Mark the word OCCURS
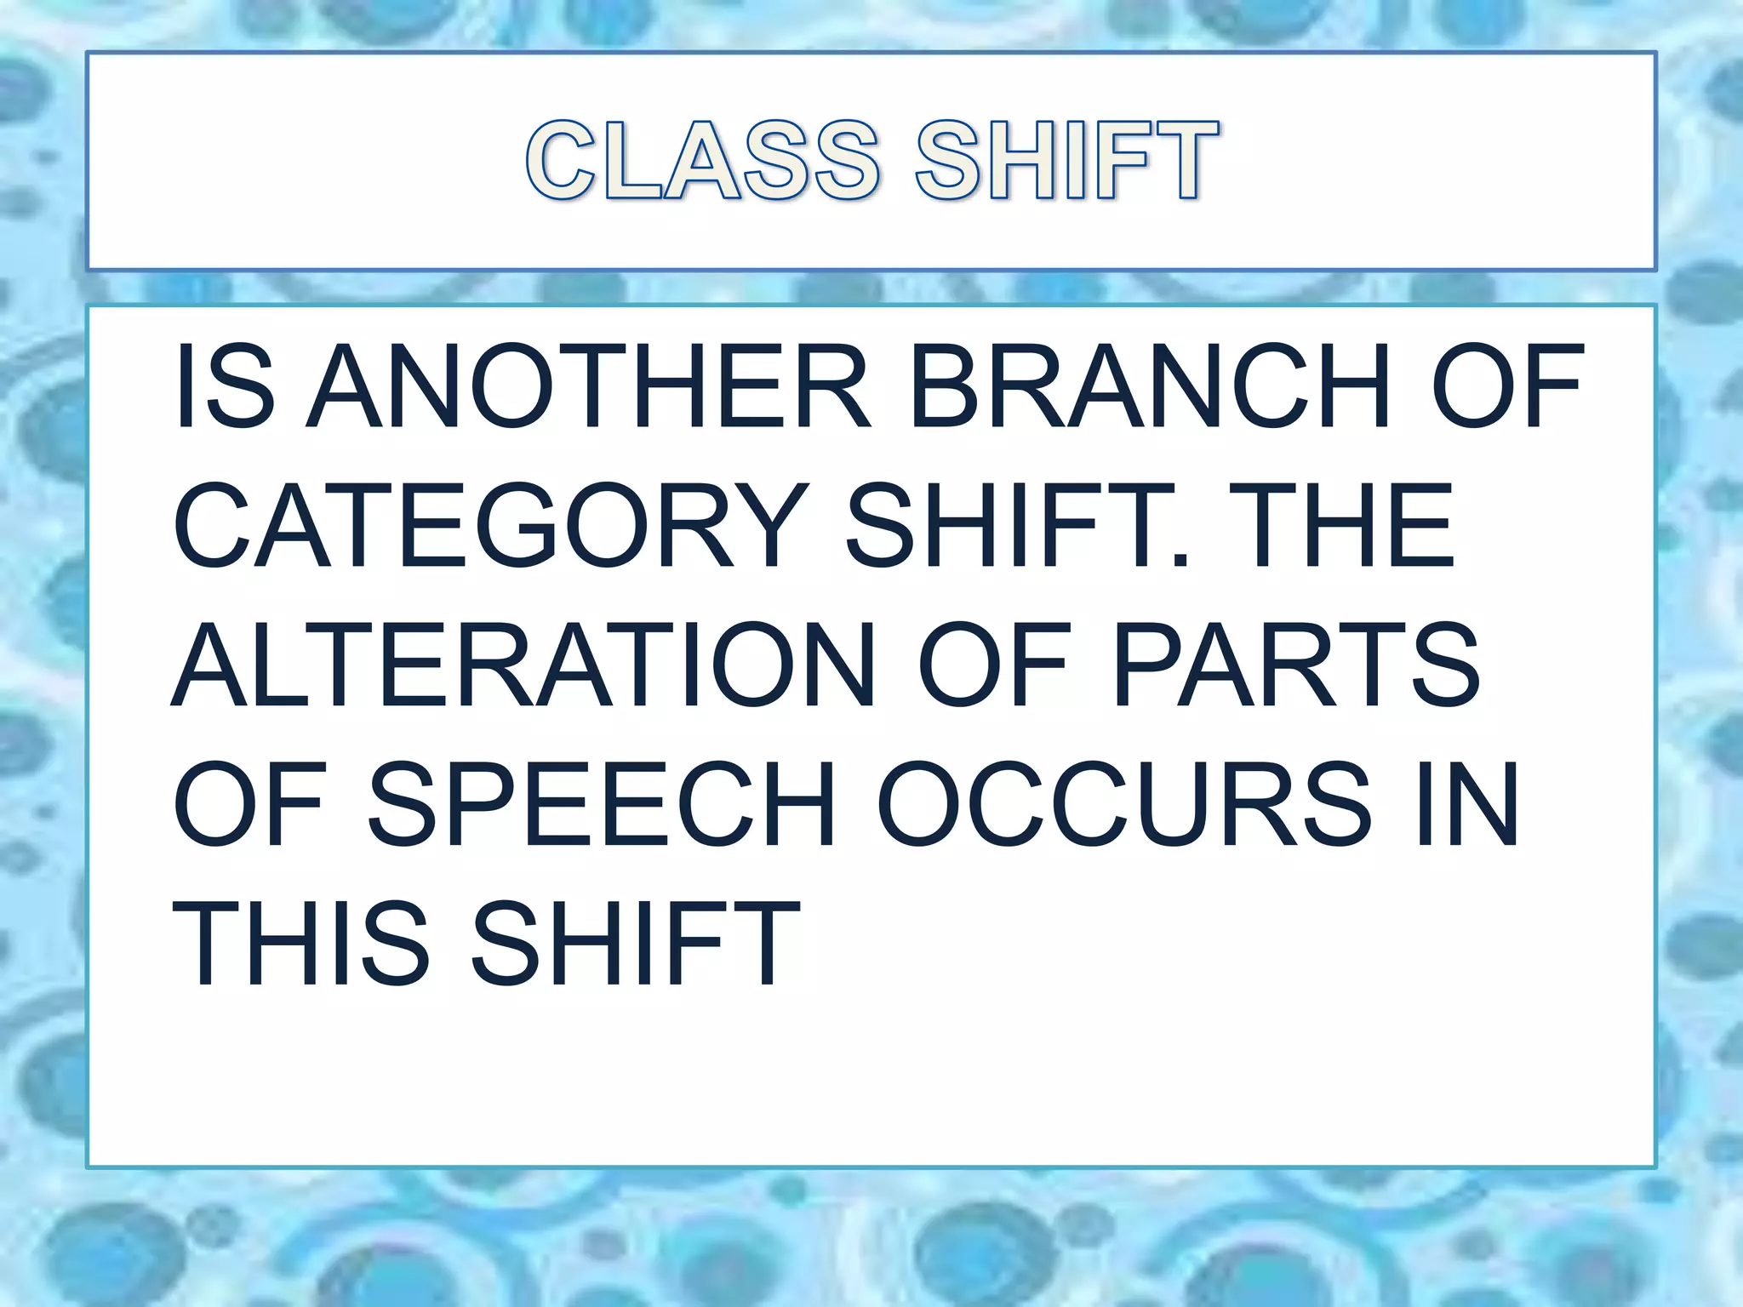[x=1123, y=804]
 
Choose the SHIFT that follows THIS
[x=635, y=944]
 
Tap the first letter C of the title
[x=561, y=161]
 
